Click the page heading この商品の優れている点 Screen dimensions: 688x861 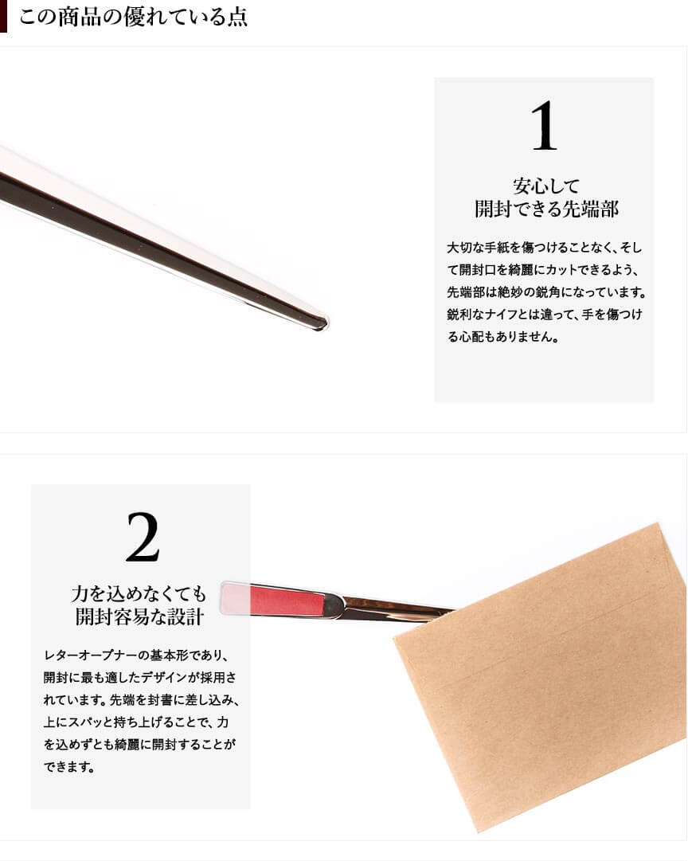(x=134, y=17)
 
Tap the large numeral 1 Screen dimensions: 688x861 (x=544, y=126)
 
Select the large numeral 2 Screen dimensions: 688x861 (x=143, y=537)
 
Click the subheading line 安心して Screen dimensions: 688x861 (x=546, y=186)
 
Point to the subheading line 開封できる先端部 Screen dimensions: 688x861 (x=546, y=209)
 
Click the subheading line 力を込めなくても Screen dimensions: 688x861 (x=139, y=593)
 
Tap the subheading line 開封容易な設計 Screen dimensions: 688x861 (x=139, y=616)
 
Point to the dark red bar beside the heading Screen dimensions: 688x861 (x=3, y=16)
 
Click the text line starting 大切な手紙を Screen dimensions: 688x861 (x=544, y=248)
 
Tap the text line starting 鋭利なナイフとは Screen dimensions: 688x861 (x=544, y=315)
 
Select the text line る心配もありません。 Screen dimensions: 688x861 (x=503, y=337)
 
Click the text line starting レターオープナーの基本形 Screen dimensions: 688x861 (x=135, y=655)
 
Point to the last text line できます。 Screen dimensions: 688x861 (x=69, y=766)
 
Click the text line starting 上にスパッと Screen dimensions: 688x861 (x=136, y=722)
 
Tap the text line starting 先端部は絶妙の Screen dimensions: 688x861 (x=546, y=292)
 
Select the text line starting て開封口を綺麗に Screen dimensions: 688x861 (x=543, y=270)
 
